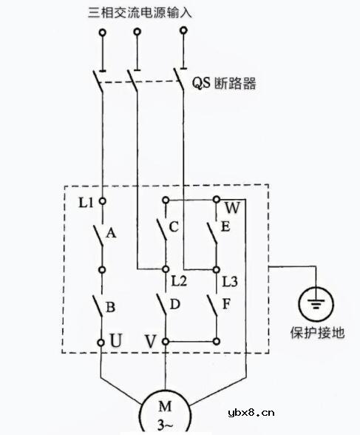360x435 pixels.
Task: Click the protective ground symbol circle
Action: [x=317, y=304]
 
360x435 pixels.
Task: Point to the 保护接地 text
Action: [x=317, y=333]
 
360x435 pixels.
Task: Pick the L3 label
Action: [x=231, y=281]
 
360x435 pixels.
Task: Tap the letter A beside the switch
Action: [x=112, y=233]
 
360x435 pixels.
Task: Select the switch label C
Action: [x=174, y=227]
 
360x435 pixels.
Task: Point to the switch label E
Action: [x=225, y=227]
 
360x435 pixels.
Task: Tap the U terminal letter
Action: [x=116, y=342]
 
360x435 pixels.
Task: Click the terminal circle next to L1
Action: [x=102, y=200]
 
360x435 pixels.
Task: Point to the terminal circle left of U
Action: [x=102, y=342]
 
